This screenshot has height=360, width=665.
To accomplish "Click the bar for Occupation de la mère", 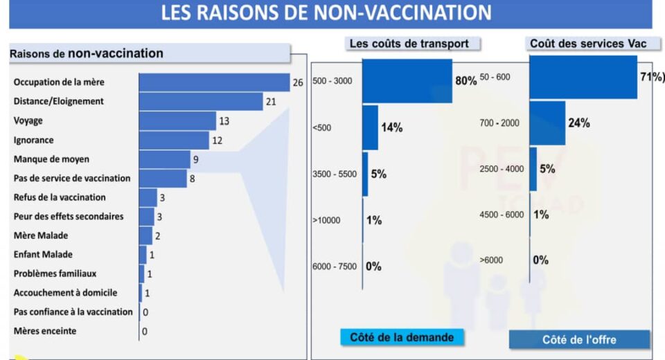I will pyautogui.click(x=214, y=82).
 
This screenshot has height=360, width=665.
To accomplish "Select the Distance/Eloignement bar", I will pyautogui.click(x=201, y=101).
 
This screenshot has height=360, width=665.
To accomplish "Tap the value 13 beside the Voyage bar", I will pyautogui.click(x=224, y=121).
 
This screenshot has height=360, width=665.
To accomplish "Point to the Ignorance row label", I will pyautogui.click(x=33, y=140).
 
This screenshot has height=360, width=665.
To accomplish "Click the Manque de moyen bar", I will pyautogui.click(x=164, y=159).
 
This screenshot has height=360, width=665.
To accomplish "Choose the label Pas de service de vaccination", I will pyautogui.click(x=72, y=178).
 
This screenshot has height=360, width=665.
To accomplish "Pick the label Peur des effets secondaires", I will pyautogui.click(x=69, y=216).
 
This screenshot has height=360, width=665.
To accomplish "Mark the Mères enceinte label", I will pyautogui.click(x=45, y=331).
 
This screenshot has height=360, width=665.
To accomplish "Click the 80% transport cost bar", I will pyautogui.click(x=407, y=81).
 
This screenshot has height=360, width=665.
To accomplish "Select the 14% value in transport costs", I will pyautogui.click(x=391, y=127).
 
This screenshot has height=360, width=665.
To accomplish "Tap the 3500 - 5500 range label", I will pyautogui.click(x=335, y=174).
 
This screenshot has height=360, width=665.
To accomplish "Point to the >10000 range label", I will pyautogui.click(x=326, y=221).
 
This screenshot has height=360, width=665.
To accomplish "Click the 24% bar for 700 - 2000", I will pyautogui.click(x=547, y=123).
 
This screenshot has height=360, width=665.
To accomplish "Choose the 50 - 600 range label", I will pyautogui.click(x=495, y=77).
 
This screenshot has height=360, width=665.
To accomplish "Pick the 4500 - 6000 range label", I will pyautogui.click(x=502, y=215).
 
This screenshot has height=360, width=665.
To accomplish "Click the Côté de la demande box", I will pyautogui.click(x=402, y=337).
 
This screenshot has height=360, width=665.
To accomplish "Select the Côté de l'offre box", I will pyautogui.click(x=579, y=339).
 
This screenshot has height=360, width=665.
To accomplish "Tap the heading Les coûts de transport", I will pyautogui.click(x=409, y=44).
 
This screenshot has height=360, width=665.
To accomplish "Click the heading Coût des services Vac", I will pyautogui.click(x=588, y=44).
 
